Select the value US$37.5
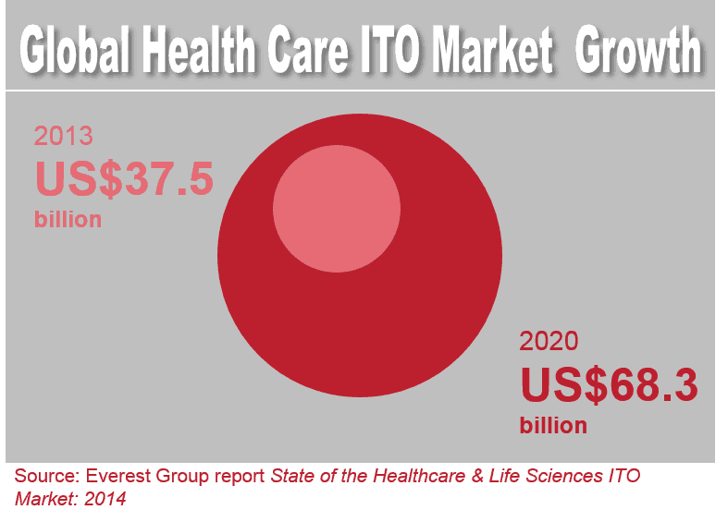point(124,178)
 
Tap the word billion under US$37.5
point(68,220)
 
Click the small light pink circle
point(337,208)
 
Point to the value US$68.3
point(608,384)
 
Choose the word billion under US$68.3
point(553,425)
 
